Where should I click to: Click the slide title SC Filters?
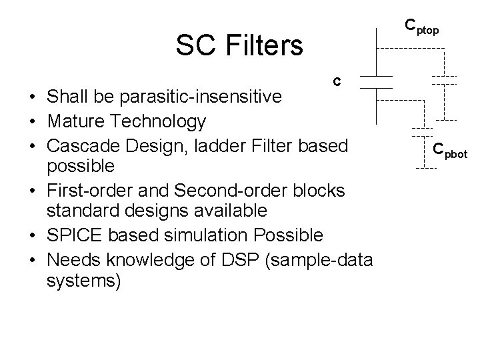click(x=239, y=45)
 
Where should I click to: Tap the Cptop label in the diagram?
click(x=421, y=27)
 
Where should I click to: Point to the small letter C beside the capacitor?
click(x=337, y=82)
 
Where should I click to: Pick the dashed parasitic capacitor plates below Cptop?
click(x=443, y=81)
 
